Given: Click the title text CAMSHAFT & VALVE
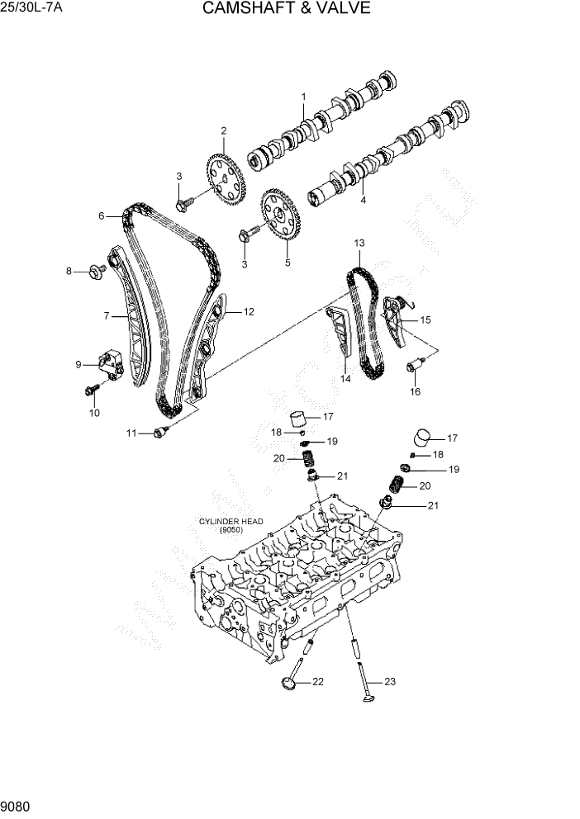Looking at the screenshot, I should [285, 9].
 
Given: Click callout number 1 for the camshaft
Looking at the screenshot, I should [303, 97].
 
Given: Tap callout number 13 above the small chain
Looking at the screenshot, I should [359, 244].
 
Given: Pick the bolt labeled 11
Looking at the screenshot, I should [159, 432].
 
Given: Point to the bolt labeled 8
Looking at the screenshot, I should [96, 269].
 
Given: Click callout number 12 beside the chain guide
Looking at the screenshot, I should [249, 312].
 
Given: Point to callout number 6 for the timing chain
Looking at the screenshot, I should [102, 216].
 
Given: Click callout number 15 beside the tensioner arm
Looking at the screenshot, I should [425, 320].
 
